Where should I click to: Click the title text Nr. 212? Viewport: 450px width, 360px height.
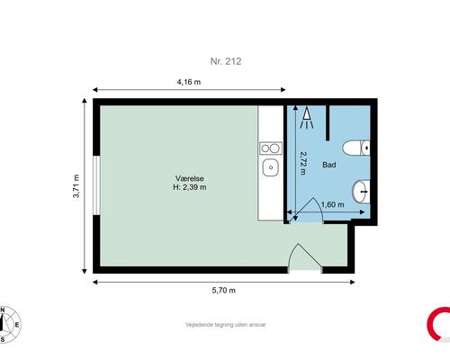click(226, 61)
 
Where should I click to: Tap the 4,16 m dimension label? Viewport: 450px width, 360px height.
click(189, 82)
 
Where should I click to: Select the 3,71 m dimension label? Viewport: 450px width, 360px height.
click(76, 186)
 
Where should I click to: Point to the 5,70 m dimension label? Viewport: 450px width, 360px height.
click(224, 291)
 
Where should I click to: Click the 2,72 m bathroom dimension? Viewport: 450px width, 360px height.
click(303, 163)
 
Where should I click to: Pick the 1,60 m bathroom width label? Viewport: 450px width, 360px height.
click(332, 204)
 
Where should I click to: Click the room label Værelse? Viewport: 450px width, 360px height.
click(190, 178)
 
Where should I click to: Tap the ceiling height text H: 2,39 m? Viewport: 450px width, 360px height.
click(190, 187)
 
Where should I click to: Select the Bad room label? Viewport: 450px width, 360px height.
click(329, 165)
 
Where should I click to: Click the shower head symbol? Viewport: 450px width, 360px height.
click(307, 118)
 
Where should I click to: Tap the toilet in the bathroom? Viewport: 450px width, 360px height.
click(356, 148)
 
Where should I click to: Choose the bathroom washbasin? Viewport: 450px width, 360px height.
click(361, 192)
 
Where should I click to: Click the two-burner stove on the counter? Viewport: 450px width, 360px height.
click(271, 148)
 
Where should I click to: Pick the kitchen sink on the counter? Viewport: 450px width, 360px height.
click(271, 167)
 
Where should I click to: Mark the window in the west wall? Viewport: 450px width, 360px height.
click(96, 185)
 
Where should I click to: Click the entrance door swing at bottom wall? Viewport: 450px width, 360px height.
click(305, 258)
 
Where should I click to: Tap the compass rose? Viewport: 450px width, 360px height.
click(9, 325)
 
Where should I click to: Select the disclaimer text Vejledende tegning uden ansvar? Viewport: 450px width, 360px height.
click(226, 325)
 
